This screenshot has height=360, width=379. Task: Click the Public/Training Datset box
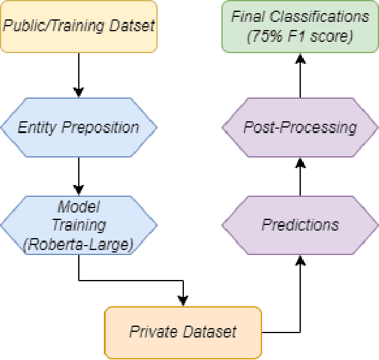coord(78,26)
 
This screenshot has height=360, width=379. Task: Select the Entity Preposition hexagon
coord(78,127)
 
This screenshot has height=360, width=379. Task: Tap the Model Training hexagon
coord(78,226)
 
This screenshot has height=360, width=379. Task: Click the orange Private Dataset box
coord(183,331)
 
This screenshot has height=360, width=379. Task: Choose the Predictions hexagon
coord(300,224)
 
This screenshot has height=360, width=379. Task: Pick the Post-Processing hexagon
coord(300,127)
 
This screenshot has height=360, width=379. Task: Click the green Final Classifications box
coord(300,26)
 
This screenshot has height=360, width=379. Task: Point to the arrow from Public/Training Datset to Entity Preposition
coord(78,74)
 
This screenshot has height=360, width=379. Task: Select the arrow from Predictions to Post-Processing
coord(300,177)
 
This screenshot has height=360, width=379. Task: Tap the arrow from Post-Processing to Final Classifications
coord(300,75)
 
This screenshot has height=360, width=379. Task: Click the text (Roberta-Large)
coord(78,245)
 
